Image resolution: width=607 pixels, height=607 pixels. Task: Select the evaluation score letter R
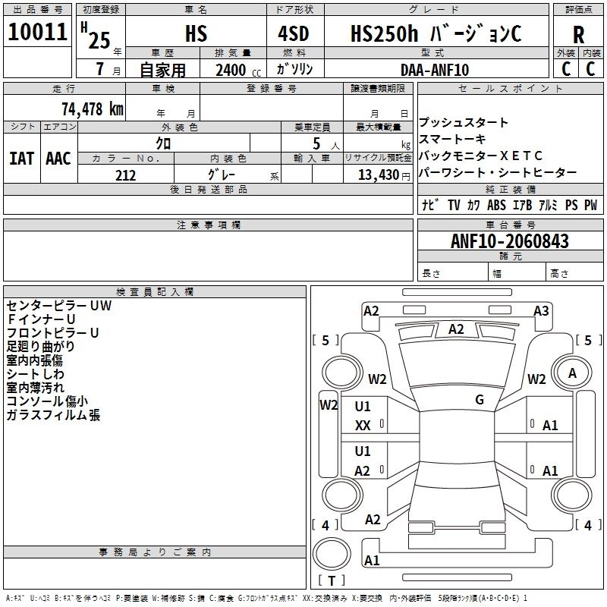coord(578,35)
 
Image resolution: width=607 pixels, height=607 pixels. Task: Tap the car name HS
coord(196,34)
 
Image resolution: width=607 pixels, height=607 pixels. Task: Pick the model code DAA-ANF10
coord(435,70)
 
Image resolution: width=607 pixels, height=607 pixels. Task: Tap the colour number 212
coord(126,175)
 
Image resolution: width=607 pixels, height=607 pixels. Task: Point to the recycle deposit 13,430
coord(378,175)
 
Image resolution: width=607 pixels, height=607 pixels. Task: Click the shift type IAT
coord(20,159)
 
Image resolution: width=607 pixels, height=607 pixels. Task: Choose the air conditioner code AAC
coord(58,159)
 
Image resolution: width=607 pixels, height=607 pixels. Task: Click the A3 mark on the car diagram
coord(541,311)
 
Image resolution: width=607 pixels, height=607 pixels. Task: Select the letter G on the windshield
coord(480,400)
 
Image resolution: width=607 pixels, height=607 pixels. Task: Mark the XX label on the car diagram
coord(363,426)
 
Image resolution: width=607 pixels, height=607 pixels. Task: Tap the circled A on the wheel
coord(573,373)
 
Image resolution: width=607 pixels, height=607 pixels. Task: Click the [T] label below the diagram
coord(331,580)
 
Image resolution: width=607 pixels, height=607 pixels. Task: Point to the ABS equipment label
coord(496,205)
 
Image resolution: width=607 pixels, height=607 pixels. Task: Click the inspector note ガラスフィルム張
coord(53,415)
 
